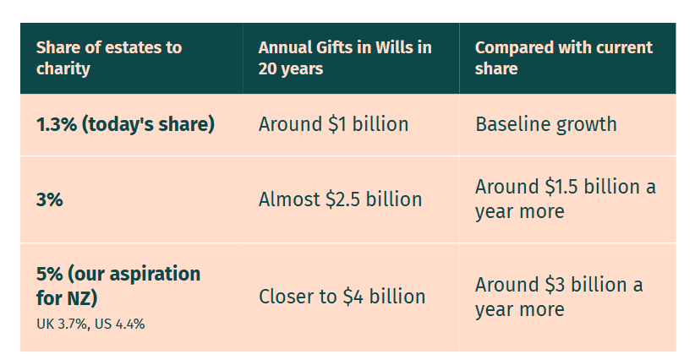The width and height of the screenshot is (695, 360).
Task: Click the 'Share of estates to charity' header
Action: coord(109,58)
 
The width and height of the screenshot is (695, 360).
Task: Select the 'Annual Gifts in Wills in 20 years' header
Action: coord(345,58)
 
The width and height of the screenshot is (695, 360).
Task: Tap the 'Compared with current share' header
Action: coord(564,58)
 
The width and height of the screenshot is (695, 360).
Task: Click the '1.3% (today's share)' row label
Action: coord(125,124)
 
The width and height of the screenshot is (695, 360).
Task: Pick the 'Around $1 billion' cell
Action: coord(333,124)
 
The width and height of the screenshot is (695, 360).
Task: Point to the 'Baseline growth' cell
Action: coord(546,124)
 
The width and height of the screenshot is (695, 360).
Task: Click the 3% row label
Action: coord(50,199)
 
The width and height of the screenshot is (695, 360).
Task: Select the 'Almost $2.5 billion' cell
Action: coord(341,199)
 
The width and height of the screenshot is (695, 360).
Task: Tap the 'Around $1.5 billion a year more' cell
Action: coord(566,199)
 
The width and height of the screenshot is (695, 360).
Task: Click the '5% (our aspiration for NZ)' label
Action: coord(118,286)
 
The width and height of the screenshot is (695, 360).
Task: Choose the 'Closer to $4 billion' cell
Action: coord(342,297)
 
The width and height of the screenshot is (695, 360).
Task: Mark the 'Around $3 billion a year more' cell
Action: coord(559,297)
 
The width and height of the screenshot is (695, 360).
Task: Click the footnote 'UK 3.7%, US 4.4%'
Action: coord(90,325)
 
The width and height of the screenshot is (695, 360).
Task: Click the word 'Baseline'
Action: coord(513,124)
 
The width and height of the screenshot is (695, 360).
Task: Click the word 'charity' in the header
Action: coord(63,68)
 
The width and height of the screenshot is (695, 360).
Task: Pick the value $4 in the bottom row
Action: coord(353,297)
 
